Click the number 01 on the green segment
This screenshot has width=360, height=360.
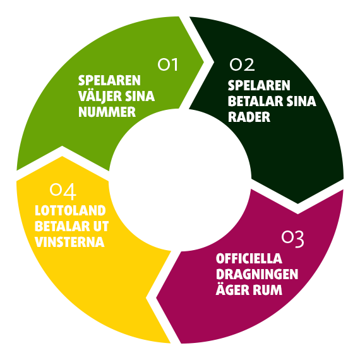coord(168,64)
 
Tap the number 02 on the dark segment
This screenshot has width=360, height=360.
coord(242,64)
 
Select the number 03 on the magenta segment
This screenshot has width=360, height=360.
coord(292,239)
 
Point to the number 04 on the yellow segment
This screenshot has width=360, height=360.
coord(63,191)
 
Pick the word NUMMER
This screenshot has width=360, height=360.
coord(107,112)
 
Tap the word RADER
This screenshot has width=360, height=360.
coord(249,117)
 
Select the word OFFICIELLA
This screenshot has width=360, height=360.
coord(249,258)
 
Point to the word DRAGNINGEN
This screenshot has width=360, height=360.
coord(257,274)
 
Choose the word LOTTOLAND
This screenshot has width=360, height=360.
coord(70,210)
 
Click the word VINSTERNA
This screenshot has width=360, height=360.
coord(70,242)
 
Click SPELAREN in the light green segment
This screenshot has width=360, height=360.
coord(109,80)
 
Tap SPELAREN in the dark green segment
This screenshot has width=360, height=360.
coord(259,85)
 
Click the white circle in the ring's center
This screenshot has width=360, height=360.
coord(180,180)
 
